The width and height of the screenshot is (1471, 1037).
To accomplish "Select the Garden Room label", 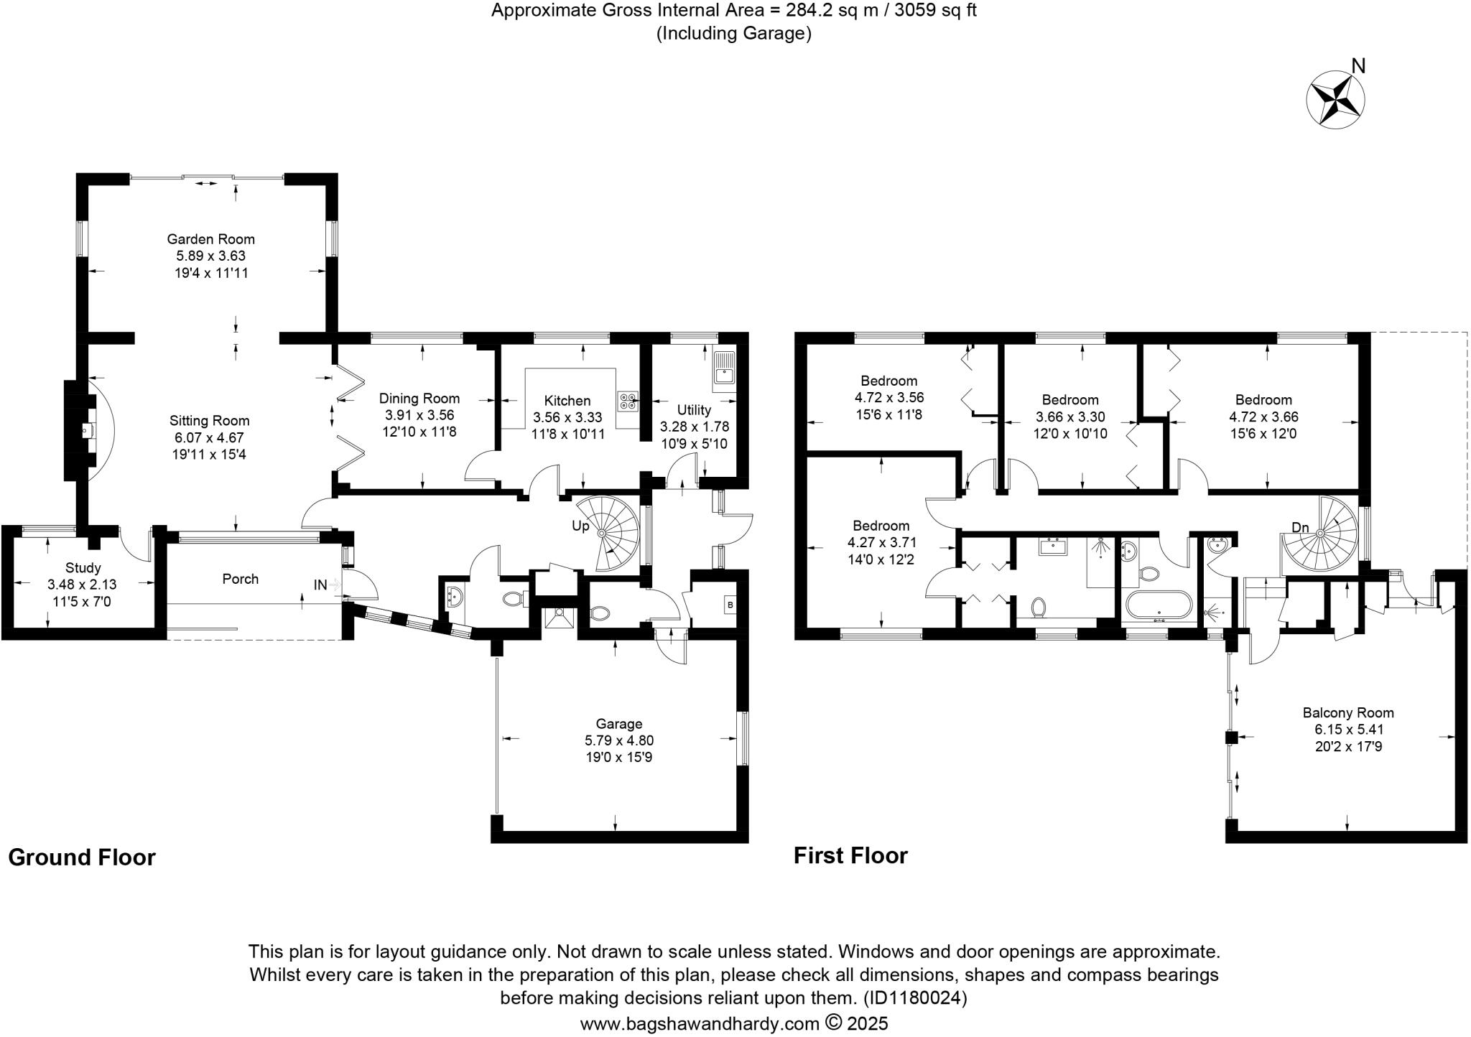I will [x=210, y=239].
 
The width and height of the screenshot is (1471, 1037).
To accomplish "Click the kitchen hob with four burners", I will [x=627, y=401].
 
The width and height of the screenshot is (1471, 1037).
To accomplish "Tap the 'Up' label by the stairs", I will [x=580, y=526].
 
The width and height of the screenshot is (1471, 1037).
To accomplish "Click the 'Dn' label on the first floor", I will [x=1300, y=528].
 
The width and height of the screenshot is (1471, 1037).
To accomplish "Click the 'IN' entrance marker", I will [x=320, y=585].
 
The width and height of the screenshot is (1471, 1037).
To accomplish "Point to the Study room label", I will [x=83, y=567].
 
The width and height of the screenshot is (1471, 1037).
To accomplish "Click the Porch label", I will [x=240, y=579].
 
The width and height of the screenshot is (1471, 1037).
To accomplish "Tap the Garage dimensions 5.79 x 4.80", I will [x=618, y=740].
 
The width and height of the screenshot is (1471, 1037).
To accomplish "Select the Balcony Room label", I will [x=1348, y=712].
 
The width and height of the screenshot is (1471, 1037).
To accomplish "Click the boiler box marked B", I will [x=730, y=605].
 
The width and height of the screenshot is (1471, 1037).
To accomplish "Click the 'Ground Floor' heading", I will [x=82, y=857].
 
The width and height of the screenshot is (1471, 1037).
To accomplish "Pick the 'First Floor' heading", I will [x=850, y=855].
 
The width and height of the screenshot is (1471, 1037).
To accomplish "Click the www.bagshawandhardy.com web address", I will [x=699, y=1023].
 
